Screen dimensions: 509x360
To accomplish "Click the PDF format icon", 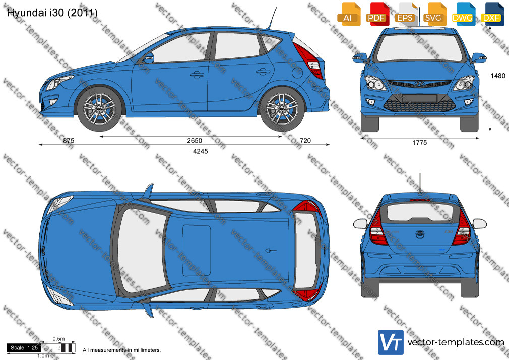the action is point(377,14).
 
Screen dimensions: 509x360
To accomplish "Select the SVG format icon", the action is point(434,14).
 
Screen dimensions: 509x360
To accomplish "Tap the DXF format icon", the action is point(492,14).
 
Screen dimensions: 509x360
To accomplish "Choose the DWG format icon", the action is point(463,14).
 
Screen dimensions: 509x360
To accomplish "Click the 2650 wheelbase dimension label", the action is point(195,140).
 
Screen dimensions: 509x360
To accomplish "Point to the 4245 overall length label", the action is point(200,151).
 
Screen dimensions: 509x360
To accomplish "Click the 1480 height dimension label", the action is point(498,76).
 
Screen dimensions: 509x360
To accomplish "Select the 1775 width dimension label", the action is point(419,143).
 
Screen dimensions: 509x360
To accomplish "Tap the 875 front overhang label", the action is point(69,140).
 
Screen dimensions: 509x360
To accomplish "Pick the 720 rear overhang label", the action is point(305,140).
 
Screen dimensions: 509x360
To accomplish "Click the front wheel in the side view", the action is point(99,108).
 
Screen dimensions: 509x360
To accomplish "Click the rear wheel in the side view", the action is point(282,108).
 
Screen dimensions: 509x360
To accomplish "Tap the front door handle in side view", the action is point(197,75).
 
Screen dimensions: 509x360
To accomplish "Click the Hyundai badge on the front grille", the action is point(419,84).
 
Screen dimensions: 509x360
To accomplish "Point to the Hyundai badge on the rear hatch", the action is point(420,234).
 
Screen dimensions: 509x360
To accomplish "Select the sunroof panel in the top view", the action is point(197,250).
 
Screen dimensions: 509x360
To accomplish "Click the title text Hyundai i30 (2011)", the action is point(52,13).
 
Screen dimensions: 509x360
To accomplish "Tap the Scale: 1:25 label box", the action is point(24,348).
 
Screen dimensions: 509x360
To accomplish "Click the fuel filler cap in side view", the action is point(297,72).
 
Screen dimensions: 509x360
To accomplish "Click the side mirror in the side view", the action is point(149,58).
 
